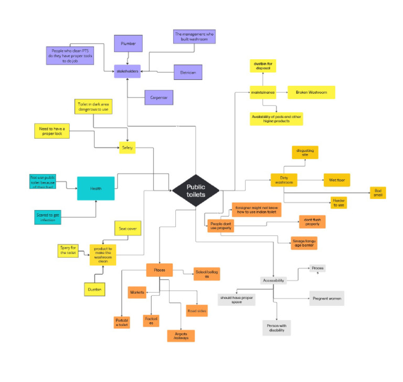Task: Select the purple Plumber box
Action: click(x=128, y=44)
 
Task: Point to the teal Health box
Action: click(x=96, y=188)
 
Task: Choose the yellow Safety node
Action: click(x=128, y=149)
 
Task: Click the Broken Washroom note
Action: click(x=311, y=92)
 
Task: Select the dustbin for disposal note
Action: click(x=263, y=66)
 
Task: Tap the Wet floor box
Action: click(x=336, y=180)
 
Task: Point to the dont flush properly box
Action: click(x=312, y=221)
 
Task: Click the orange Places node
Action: click(x=160, y=270)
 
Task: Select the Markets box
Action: click(x=137, y=292)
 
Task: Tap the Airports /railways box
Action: click(x=181, y=336)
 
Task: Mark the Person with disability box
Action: click(x=276, y=328)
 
